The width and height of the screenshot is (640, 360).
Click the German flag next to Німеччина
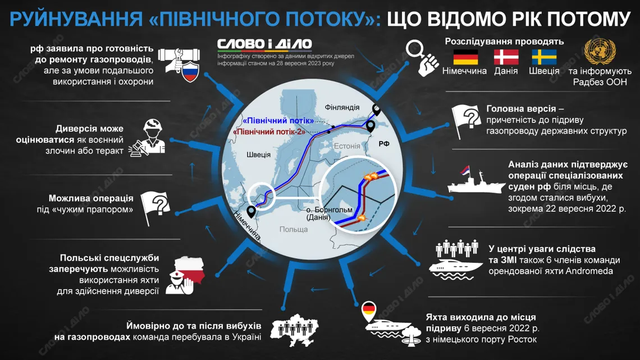pyautogui.click(x=465, y=57)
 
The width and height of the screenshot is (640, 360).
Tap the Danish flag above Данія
pyautogui.click(x=506, y=57)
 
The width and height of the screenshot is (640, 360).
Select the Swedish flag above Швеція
pyautogui.click(x=544, y=57)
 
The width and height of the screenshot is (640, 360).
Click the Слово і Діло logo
pyautogui.click(x=264, y=44)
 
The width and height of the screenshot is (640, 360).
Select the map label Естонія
pyautogui.click(x=346, y=146)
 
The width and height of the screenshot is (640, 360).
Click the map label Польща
pyautogui.click(x=294, y=229)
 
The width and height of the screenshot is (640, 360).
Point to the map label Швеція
pyautogui.click(x=258, y=154)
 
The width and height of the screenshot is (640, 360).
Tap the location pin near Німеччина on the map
pyautogui.click(x=252, y=212)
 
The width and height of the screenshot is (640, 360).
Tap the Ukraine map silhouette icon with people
pyautogui.click(x=292, y=329)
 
